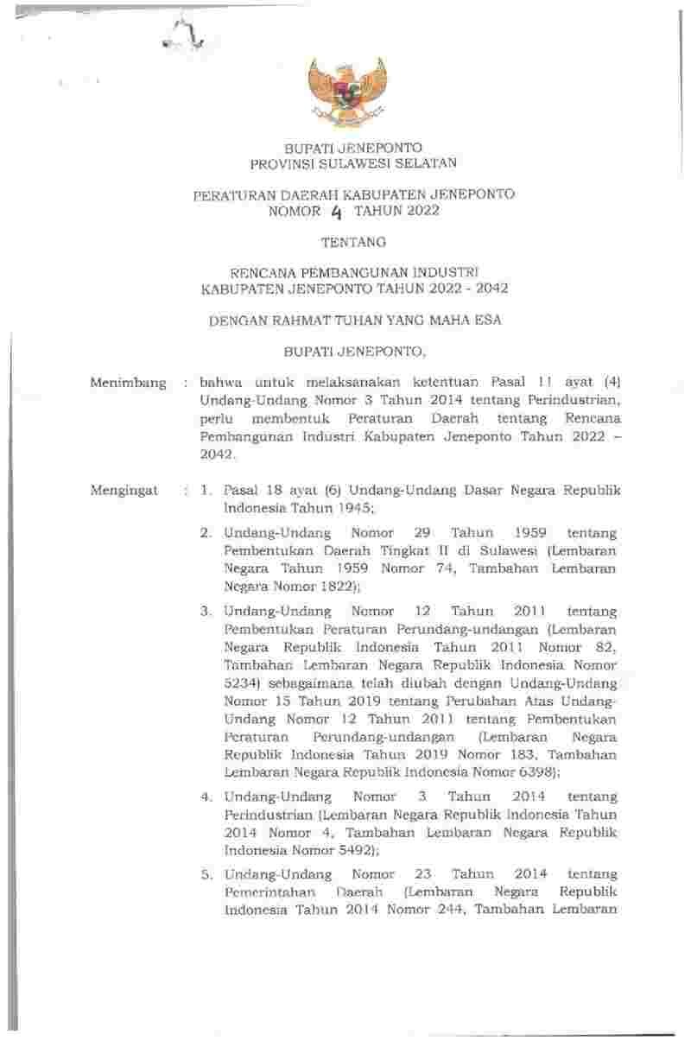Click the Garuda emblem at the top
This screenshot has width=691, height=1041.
345,92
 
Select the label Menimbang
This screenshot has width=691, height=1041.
128,382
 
